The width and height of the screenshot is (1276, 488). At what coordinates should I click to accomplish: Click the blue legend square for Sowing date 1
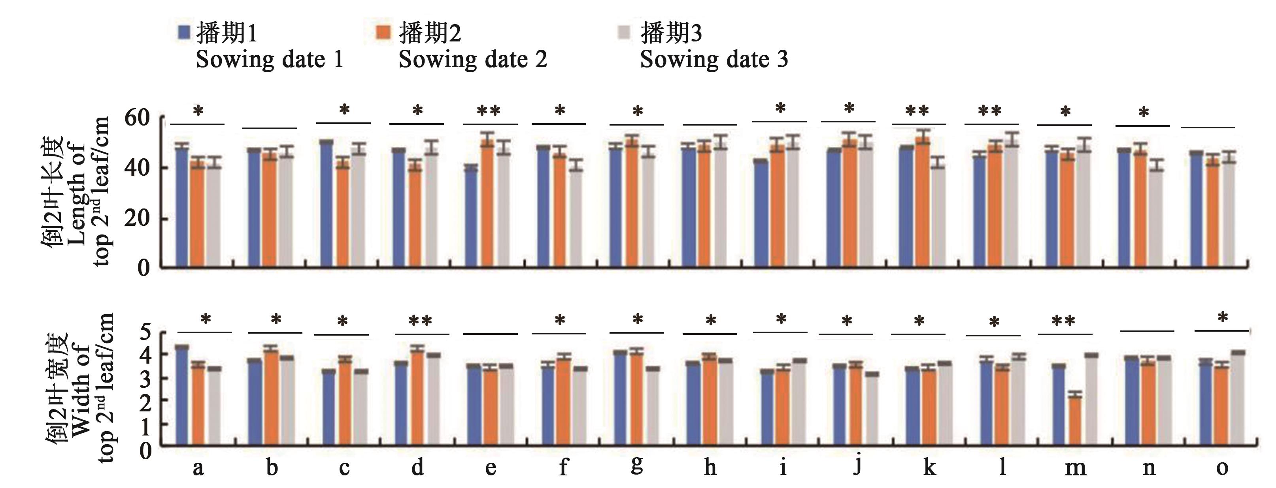pyautogui.click(x=184, y=33)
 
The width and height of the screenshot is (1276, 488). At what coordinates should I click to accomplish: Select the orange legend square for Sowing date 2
pyautogui.click(x=383, y=33)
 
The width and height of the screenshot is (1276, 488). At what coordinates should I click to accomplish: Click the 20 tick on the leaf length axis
pyautogui.click(x=136, y=218)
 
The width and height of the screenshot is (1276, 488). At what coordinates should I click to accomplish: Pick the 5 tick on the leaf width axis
pyautogui.click(x=144, y=332)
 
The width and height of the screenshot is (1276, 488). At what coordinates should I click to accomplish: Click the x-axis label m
pyautogui.click(x=1075, y=467)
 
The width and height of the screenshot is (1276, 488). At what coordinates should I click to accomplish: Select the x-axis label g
pyautogui.click(x=638, y=464)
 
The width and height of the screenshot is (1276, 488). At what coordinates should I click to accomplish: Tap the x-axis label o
pyautogui.click(x=1222, y=467)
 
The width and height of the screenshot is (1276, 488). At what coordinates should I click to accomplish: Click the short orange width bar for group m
pyautogui.click(x=1075, y=421)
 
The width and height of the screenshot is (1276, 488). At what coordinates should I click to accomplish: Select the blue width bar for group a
pyautogui.click(x=182, y=396)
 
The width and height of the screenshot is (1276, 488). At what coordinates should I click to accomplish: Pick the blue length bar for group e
pyautogui.click(x=471, y=218)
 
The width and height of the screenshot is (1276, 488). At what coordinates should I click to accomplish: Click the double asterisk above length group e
pyautogui.click(x=489, y=111)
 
